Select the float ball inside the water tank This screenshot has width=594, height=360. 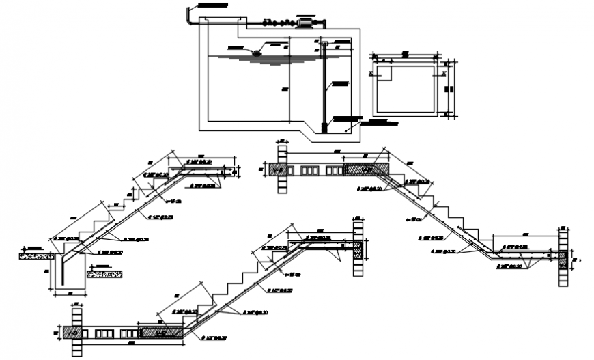[x=257, y=53]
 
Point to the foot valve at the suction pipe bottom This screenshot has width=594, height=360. [x=324, y=126]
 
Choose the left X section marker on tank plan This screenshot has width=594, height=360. [x=370, y=72]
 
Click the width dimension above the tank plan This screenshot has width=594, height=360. [x=405, y=53]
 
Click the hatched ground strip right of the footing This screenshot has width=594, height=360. [x=104, y=274]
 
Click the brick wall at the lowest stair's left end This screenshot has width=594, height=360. [x=76, y=331]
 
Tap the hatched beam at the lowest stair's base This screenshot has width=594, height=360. [x=160, y=333]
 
